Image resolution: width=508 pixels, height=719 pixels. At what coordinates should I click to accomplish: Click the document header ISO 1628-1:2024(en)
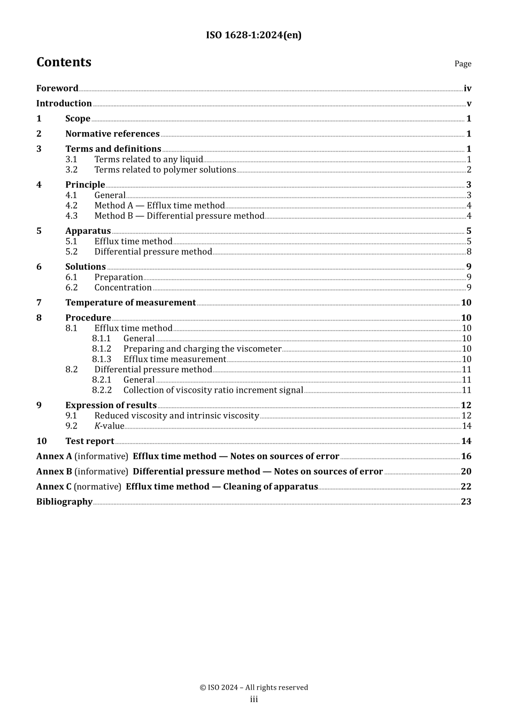click(x=253, y=35)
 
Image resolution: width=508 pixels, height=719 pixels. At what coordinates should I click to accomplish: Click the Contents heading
click(x=64, y=62)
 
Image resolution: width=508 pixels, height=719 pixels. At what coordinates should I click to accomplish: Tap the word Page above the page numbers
click(x=463, y=64)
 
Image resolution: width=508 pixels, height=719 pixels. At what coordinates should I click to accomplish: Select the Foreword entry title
click(x=57, y=88)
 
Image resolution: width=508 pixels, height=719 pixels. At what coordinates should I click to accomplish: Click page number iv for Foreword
click(x=467, y=88)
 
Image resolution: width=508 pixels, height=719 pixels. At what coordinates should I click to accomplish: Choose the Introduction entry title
click(x=64, y=103)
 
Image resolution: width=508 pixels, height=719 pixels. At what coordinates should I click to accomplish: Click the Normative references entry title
click(x=112, y=134)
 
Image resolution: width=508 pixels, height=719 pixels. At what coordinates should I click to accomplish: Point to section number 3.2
click(x=71, y=170)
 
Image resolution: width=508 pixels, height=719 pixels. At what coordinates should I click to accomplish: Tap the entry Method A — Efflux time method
click(x=159, y=205)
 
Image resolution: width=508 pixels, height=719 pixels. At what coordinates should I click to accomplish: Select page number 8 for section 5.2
click(x=469, y=251)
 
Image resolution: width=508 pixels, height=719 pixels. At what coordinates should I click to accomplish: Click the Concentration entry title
click(x=123, y=287)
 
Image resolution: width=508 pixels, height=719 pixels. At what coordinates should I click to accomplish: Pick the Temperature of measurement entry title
click(x=130, y=302)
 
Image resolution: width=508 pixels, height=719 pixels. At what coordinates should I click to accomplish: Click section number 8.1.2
click(x=102, y=349)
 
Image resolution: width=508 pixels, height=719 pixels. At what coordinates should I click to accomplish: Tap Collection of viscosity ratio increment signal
click(x=213, y=390)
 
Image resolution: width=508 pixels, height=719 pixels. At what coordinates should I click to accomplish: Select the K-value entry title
click(x=109, y=426)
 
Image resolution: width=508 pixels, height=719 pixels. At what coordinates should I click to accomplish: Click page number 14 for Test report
click(x=466, y=441)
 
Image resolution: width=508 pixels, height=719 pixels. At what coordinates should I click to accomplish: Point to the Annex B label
click(x=54, y=471)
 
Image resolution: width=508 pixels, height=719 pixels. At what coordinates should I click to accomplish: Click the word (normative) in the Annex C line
click(x=97, y=486)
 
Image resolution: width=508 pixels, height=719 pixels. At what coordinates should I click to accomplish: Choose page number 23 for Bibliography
click(x=466, y=501)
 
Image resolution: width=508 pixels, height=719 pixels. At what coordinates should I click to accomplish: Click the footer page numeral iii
click(x=254, y=699)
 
